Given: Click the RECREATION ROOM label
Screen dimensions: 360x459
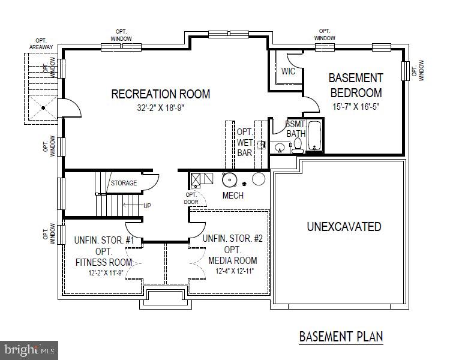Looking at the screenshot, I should [161, 94].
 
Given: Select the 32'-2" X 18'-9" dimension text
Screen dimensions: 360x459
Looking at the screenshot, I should [161, 109].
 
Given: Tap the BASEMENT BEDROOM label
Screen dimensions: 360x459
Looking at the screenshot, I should [355, 85].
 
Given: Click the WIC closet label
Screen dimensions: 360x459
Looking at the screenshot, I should [288, 71].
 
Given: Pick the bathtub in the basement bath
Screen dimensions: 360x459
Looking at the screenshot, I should [315, 136].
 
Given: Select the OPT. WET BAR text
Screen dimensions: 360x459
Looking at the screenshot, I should [244, 142].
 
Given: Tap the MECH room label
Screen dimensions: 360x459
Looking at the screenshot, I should [232, 196].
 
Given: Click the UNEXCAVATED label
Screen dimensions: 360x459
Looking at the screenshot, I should [344, 227].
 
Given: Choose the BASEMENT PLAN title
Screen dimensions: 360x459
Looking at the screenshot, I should [341, 337].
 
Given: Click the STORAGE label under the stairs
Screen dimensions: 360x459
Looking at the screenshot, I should [123, 183].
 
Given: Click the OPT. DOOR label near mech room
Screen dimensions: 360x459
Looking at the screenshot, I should [191, 198].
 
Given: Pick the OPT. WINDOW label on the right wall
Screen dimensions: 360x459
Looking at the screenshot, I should [421, 70].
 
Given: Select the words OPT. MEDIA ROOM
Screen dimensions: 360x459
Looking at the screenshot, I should [233, 255].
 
